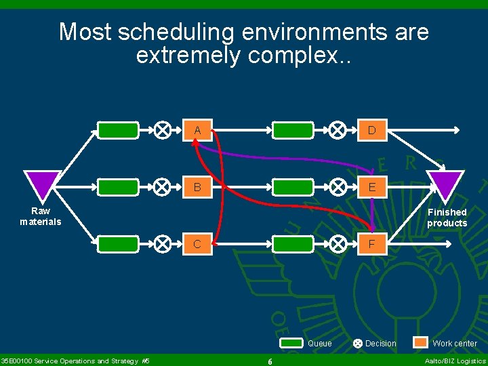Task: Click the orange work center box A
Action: click(197, 130)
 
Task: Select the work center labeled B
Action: click(197, 187)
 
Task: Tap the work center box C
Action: click(197, 244)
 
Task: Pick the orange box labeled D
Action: click(372, 130)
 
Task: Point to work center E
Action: click(372, 187)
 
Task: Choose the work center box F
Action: click(372, 244)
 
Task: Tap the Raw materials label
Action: click(41, 216)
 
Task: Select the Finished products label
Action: click(447, 218)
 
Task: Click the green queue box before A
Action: click(119, 130)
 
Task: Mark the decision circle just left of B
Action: click(163, 187)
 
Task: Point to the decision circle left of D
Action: click(338, 130)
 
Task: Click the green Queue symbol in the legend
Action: click(291, 343)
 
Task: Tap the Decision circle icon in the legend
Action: click(358, 344)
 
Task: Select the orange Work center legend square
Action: click(421, 343)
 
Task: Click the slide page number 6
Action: click(270, 361)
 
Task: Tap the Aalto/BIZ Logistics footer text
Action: click(455, 361)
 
